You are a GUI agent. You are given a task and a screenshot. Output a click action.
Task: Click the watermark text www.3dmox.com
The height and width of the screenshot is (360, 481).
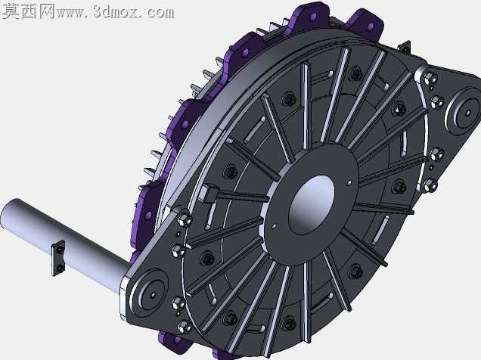click(115, 12)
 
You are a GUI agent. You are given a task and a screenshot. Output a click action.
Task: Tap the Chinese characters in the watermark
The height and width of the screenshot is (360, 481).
click(28, 11)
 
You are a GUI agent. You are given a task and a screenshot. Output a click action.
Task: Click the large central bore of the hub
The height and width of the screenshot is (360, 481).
click(312, 205)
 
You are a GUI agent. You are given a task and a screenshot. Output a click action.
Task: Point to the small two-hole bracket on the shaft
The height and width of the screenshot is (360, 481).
click(58, 258)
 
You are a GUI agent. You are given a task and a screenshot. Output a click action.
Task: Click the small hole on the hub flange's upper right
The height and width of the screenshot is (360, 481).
click(349, 183)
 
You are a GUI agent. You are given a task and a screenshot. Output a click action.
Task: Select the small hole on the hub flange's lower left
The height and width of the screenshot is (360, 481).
click(275, 227)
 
